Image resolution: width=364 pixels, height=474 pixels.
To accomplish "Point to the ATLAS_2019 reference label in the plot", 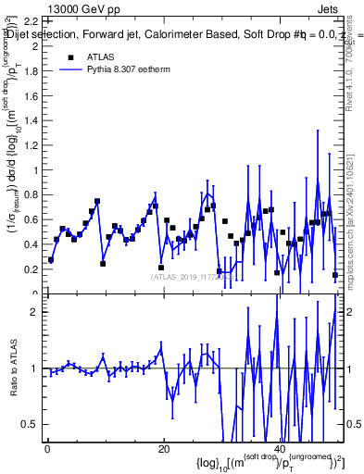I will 185,276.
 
